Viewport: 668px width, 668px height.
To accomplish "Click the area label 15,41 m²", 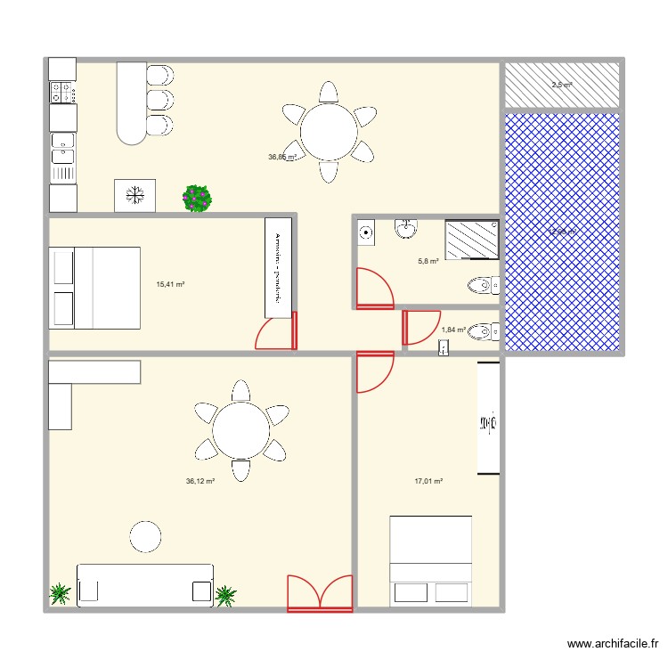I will [169, 285].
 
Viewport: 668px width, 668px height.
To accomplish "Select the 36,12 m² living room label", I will [200, 481].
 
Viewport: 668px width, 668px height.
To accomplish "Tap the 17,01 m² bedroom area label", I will [428, 481].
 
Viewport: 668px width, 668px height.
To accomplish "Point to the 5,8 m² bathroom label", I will [428, 262].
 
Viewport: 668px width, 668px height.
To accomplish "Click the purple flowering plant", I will [198, 198].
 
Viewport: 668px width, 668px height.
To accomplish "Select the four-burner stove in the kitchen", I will [61, 91].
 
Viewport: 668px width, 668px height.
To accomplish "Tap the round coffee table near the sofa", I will [145, 536].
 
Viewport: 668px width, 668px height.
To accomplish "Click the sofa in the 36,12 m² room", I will [145, 585].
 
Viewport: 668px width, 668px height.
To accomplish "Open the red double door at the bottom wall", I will [320, 593].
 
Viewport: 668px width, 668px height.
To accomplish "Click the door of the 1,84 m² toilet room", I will [421, 327].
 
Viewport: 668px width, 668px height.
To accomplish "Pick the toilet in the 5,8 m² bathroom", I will [483, 286].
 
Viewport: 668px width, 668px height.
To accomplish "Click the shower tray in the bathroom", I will [471, 240].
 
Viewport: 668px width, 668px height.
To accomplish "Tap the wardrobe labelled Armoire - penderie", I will [278, 267].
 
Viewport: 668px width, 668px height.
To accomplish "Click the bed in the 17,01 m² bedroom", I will [430, 561].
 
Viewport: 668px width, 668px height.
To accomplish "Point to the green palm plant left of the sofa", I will [61, 593].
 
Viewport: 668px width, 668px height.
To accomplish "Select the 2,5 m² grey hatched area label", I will [561, 85].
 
